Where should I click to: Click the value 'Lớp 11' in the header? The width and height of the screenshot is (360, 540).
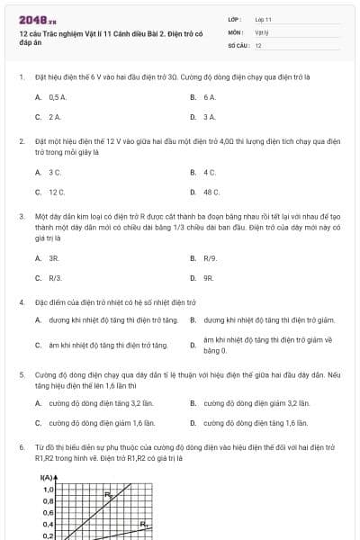264,19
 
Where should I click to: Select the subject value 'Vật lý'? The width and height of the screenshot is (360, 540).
262,31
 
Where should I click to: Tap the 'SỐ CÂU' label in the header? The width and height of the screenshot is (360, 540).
237,44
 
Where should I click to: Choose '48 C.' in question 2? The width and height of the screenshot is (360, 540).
211,192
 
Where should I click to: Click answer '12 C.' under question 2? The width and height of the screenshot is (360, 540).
57,192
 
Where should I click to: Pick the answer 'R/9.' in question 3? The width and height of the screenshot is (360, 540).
211,258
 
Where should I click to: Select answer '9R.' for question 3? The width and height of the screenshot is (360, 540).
209,278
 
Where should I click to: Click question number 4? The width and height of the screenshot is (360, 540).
21,302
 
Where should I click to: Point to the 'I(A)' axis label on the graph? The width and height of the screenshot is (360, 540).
47,477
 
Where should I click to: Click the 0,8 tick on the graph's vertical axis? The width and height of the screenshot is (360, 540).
48,500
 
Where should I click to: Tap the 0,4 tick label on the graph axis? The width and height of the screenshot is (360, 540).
48,524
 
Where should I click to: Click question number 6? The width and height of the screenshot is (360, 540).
21,447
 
